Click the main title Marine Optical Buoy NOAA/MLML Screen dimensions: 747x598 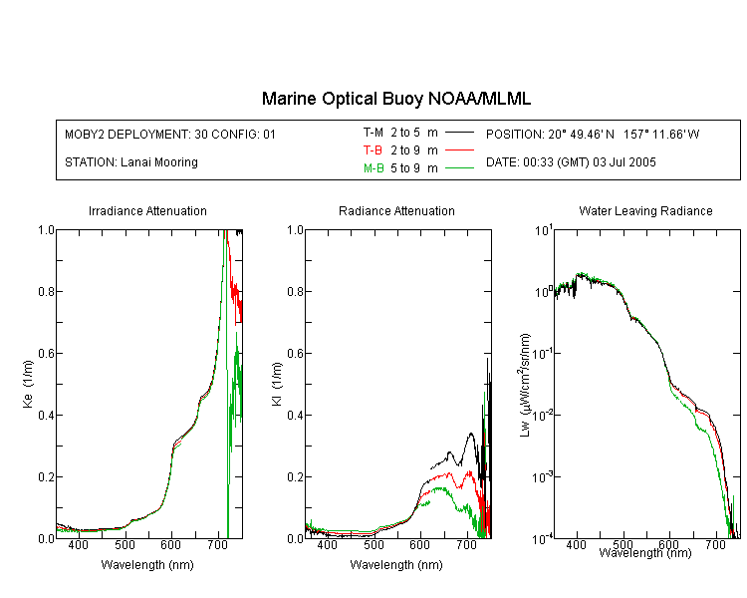point(395,99)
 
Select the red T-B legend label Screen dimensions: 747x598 point(373,150)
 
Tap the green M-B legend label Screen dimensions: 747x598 point(373,168)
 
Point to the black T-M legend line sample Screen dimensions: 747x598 point(459,133)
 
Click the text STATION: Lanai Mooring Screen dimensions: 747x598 point(131,162)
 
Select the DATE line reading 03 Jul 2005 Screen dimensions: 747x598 point(571,162)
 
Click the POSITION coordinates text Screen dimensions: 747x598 point(593,135)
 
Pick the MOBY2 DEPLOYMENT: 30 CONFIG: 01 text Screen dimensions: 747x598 point(170,135)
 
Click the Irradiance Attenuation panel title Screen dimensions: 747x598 point(147,210)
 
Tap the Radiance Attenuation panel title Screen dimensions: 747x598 point(396,210)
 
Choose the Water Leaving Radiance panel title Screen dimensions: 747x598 point(645,210)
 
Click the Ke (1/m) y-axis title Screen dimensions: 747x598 point(28,384)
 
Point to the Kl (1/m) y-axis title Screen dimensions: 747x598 point(277,384)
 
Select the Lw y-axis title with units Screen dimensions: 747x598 point(525,385)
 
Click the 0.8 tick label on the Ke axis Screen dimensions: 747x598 point(46,291)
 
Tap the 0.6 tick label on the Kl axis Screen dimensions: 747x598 point(296,354)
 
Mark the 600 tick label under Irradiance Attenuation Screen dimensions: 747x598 point(171,544)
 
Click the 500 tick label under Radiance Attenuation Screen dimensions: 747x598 point(373,544)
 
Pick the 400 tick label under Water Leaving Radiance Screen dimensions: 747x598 point(576,544)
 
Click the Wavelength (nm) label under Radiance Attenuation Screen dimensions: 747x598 point(396,565)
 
